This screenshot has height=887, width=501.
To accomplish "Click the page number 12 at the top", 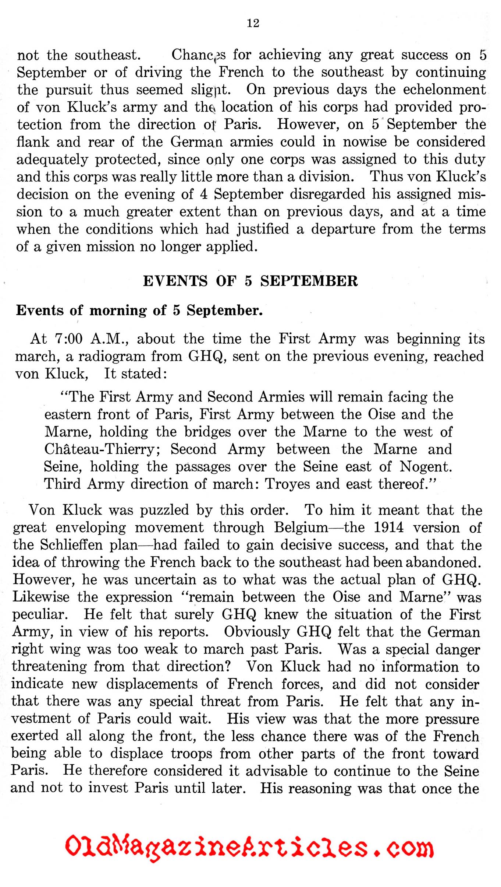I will [253, 23].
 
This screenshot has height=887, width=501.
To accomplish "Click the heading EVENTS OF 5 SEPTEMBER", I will [250, 281].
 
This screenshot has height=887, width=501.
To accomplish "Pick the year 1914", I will [388, 527].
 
